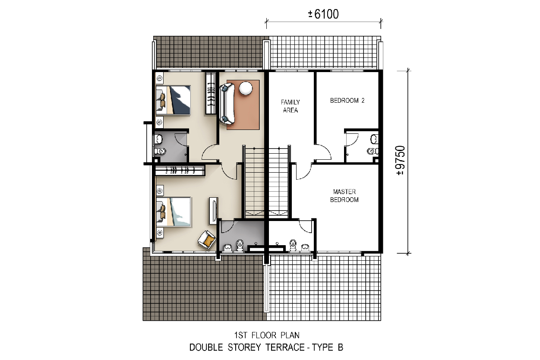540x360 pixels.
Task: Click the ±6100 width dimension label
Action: [323, 14]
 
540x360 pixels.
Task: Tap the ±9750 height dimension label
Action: [401, 161]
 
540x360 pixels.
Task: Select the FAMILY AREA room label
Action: [290, 106]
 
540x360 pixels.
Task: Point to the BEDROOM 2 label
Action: [347, 101]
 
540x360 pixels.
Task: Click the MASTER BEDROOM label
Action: [344, 196]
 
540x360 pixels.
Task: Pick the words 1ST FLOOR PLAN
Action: [267, 335]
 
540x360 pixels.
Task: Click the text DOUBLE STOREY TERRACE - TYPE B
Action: [266, 347]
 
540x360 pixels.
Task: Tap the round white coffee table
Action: [246, 88]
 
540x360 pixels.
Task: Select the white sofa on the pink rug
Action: [227, 104]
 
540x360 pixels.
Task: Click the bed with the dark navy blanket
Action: [173, 100]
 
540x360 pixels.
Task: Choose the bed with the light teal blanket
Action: [174, 212]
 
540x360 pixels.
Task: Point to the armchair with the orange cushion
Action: [207, 240]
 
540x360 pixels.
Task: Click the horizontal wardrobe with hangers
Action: [180, 170]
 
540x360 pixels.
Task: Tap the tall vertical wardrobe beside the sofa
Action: [211, 93]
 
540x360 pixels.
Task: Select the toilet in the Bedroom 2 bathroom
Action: [373, 151]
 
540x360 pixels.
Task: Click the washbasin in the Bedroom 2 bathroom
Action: [374, 139]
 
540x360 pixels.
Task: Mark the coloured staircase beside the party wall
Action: [255, 182]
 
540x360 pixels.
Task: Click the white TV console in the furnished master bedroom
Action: [213, 211]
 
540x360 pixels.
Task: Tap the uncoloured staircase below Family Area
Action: [279, 182]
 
